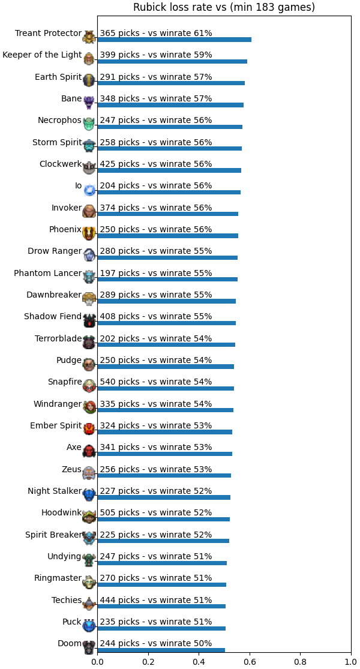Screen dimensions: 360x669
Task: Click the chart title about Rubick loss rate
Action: point(224,7)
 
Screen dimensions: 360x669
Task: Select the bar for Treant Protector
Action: point(175,40)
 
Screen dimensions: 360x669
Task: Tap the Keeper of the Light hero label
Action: point(42,55)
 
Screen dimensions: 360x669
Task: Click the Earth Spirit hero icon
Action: point(89,79)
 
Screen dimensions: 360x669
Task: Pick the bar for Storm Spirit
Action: point(170,148)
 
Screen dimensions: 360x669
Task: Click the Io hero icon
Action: point(89,190)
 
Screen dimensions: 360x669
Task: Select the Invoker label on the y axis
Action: point(67,208)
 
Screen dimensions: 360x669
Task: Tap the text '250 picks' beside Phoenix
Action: point(119,230)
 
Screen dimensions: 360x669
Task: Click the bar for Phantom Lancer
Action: point(167,279)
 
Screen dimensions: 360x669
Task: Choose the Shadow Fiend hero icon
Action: point(89,320)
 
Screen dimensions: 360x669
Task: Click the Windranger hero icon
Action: point(89,407)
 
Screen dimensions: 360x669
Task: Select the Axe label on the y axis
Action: point(74,448)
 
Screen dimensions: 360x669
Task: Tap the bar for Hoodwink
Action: point(164,519)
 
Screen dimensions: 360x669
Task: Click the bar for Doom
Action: point(161,650)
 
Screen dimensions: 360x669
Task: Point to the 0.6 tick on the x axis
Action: point(250,655)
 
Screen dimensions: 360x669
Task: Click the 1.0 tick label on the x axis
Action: point(351,662)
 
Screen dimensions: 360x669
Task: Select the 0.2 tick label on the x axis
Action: point(148,662)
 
